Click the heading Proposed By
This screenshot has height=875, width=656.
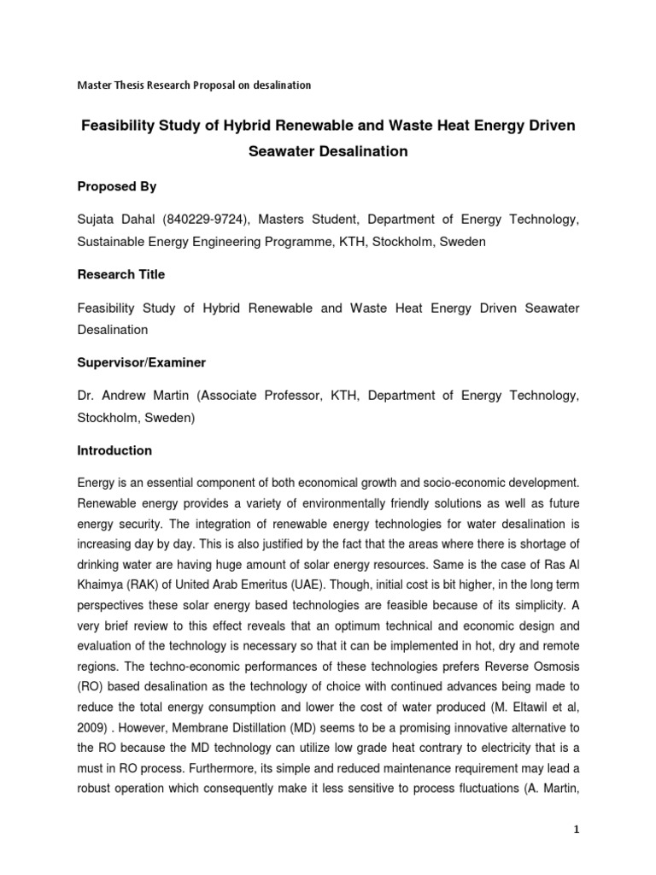[117, 186]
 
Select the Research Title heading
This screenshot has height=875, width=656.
[120, 274]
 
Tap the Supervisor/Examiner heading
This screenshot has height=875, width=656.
[141, 362]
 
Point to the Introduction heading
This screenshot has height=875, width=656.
[114, 450]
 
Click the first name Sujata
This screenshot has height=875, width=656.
[97, 220]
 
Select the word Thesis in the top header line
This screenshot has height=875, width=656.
[135, 85]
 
